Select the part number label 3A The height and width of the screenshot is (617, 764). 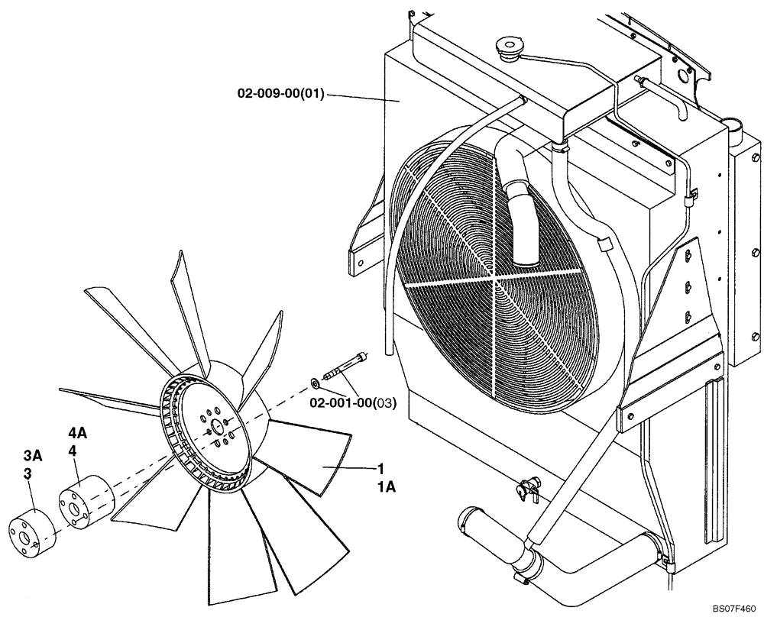(x=32, y=456)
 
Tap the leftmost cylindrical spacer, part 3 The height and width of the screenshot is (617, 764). (x=32, y=530)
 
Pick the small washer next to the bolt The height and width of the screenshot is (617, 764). (x=316, y=381)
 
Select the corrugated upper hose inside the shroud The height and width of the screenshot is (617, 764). (x=522, y=214)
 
